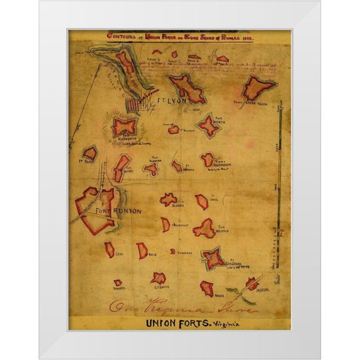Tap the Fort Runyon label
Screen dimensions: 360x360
pyautogui.click(x=119, y=211)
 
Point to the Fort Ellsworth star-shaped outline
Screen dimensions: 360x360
pyautogui.click(x=126, y=127)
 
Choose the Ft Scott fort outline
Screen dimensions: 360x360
pyautogui.click(x=91, y=152)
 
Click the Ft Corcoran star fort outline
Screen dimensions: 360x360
pyautogui.click(x=214, y=257)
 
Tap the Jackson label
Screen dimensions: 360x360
pyautogui.click(x=262, y=289)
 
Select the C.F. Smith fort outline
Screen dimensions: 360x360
pyautogui.click(x=159, y=278)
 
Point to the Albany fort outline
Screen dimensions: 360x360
pyautogui.click(x=168, y=199)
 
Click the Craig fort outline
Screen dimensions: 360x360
pyautogui.click(x=201, y=201)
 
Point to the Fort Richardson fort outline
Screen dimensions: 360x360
pyautogui.click(x=207, y=160)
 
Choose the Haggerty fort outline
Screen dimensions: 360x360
pyautogui.click(x=172, y=251)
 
